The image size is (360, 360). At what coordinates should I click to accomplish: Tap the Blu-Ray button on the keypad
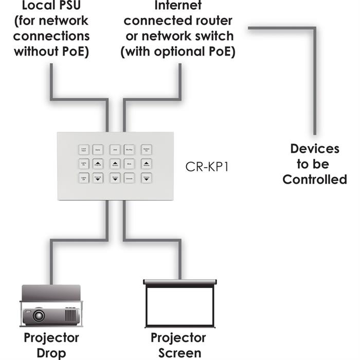pos(130,149)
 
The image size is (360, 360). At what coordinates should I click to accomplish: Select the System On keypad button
pos(147,149)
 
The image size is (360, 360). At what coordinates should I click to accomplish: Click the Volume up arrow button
pos(147,164)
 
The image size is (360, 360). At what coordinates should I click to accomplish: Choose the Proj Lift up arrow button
pos(98,164)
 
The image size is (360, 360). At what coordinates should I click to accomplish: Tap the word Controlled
pos(315,179)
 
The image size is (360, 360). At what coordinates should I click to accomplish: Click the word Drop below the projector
pos(51,353)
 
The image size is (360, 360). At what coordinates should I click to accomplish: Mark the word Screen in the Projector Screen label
pos(179,353)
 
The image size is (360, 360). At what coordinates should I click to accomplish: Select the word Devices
pos(315,149)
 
